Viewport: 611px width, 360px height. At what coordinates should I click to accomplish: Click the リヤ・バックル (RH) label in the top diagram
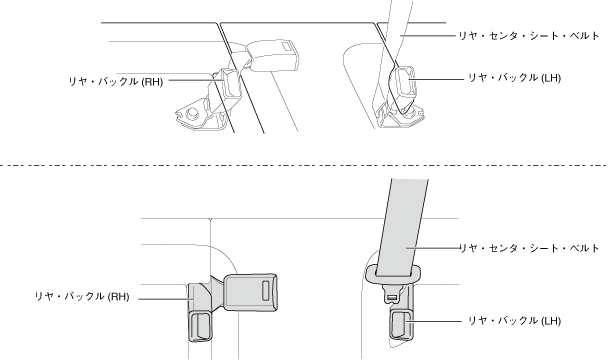point(116,82)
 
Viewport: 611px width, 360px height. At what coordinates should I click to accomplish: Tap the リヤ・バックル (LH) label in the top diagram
point(514,78)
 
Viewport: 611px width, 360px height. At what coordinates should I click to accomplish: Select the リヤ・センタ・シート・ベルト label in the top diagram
point(529,36)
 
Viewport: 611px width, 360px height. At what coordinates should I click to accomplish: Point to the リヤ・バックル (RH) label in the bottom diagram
point(82,296)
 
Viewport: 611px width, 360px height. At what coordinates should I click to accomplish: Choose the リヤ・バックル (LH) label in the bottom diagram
point(514,321)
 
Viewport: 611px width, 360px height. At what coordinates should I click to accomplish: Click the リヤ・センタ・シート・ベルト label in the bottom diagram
point(530,248)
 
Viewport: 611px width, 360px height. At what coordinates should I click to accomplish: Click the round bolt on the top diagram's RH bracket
point(191,113)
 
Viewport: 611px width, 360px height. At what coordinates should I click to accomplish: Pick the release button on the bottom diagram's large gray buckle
point(265,290)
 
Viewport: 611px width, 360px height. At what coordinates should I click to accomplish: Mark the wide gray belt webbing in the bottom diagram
point(405,226)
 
